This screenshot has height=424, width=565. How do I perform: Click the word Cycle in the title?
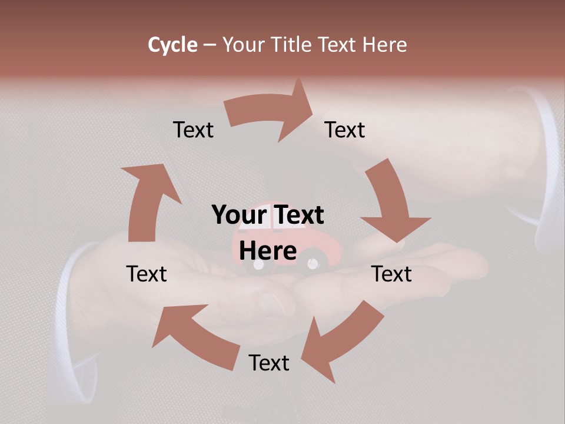(x=172, y=45)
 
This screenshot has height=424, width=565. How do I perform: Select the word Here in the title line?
(x=384, y=45)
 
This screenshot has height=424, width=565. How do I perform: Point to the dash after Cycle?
(x=210, y=45)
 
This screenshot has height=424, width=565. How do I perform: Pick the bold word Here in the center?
(x=268, y=251)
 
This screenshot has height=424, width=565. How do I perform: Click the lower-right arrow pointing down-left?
(x=341, y=339)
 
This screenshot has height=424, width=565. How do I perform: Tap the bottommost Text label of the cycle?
(x=269, y=363)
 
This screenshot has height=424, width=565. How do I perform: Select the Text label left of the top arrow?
(x=194, y=130)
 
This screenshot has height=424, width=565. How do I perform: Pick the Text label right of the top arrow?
(x=345, y=130)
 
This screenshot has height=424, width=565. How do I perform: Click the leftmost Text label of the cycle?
(x=147, y=274)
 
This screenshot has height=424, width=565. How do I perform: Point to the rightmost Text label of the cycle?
(x=391, y=274)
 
